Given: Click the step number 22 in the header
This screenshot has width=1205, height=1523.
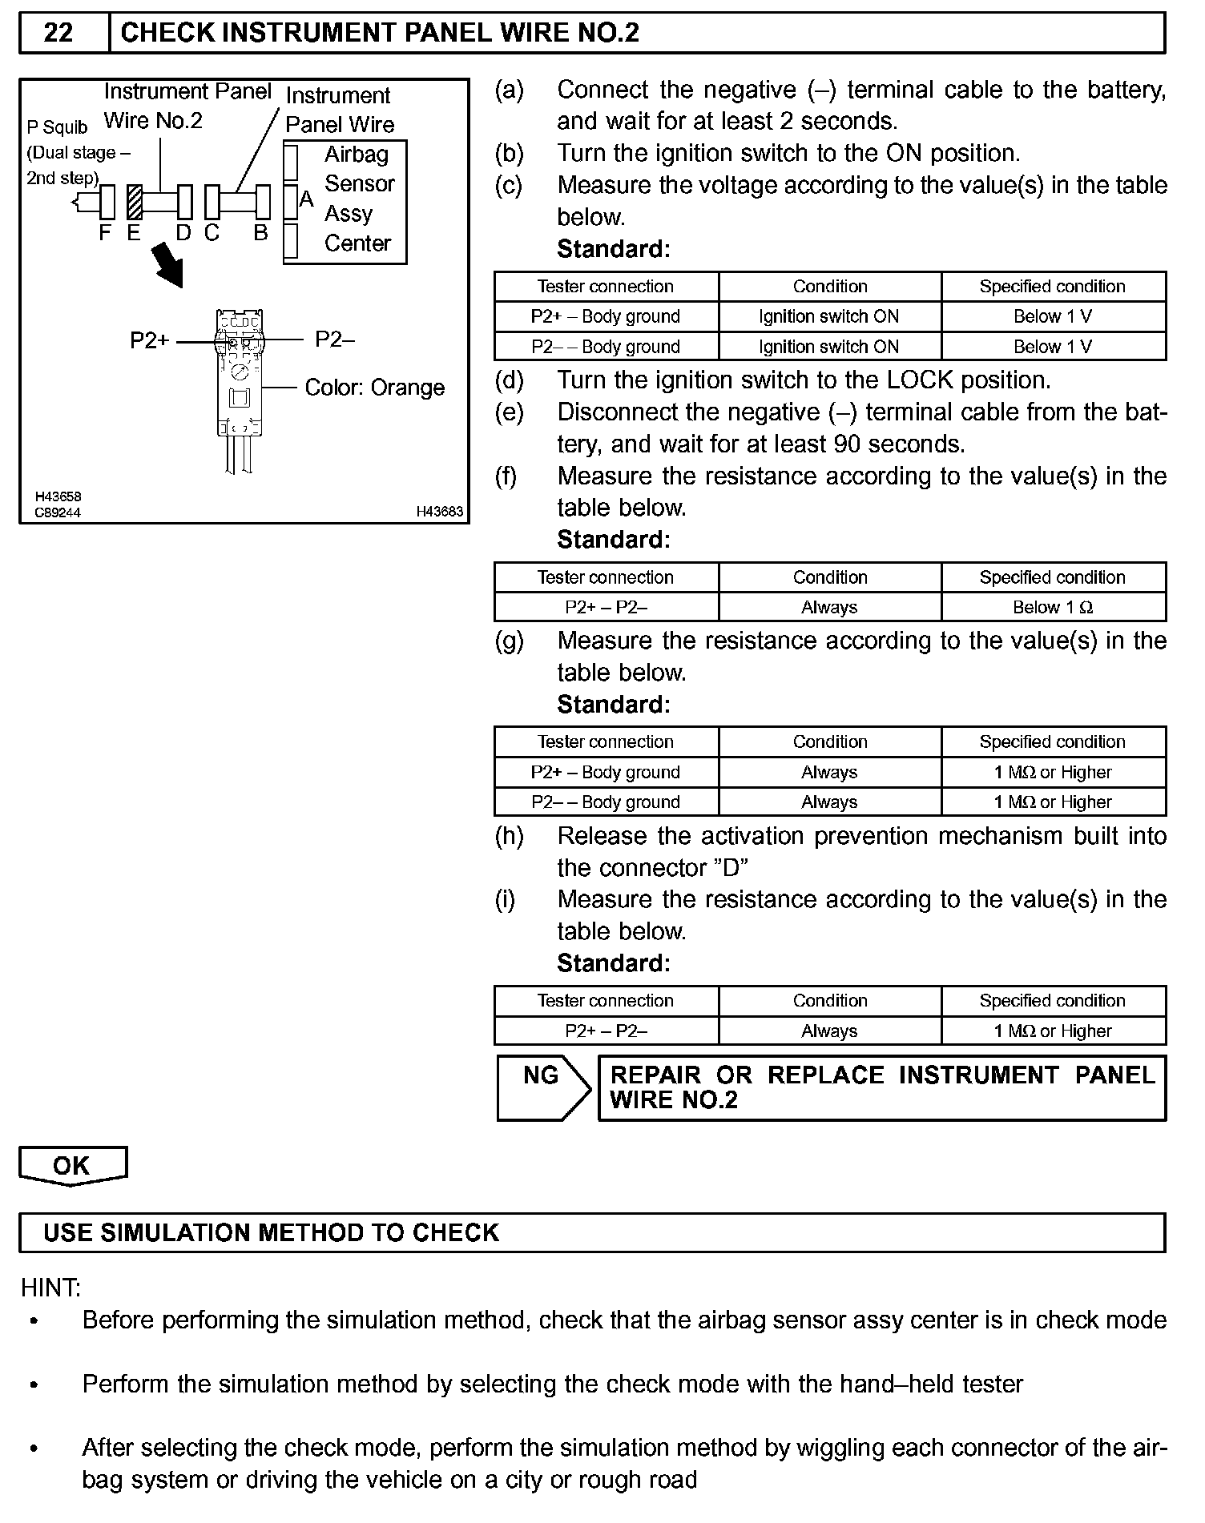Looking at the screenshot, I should (x=58, y=33).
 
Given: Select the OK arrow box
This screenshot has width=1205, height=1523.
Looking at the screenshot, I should (x=72, y=1165).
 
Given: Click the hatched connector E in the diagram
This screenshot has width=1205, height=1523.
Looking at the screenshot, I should (x=135, y=202).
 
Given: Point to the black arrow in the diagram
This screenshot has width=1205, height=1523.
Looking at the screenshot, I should (x=169, y=265).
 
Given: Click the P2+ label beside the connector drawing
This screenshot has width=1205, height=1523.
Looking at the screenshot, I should (x=150, y=341).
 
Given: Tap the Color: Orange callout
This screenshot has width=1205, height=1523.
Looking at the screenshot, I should (x=374, y=388).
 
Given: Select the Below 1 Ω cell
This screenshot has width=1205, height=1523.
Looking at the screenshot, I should (x=1052, y=607).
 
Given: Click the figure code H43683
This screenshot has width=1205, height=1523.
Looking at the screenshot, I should (x=439, y=512).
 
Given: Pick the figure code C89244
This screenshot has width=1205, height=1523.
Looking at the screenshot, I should (x=58, y=512).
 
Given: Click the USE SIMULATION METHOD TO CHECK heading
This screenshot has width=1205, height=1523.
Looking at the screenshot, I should (x=272, y=1232).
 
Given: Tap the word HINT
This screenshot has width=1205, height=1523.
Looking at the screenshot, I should (x=50, y=1288).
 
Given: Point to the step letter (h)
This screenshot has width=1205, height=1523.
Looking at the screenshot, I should (x=509, y=836).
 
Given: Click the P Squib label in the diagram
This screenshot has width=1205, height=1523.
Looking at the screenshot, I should (x=57, y=127).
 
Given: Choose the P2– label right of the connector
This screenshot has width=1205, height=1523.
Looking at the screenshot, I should (x=335, y=340).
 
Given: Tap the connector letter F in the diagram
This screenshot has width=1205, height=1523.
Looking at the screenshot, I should (x=105, y=233).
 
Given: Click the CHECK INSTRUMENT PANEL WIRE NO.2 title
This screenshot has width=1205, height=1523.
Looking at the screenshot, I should (x=380, y=33).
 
